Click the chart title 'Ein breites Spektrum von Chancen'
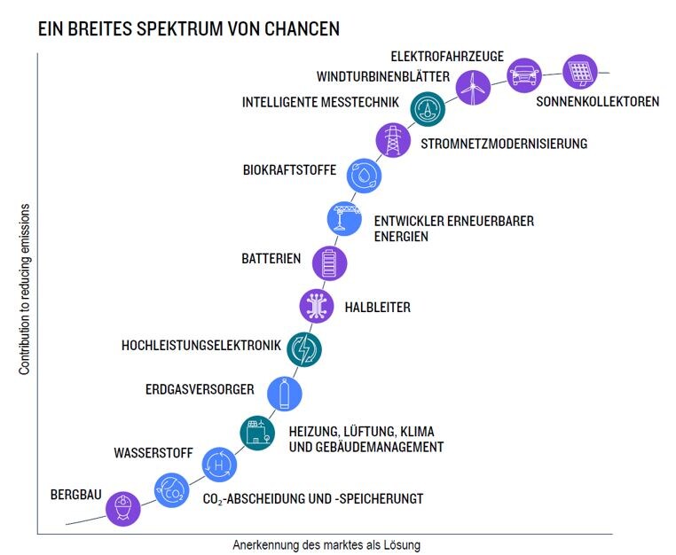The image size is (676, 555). pyautogui.click(x=188, y=28)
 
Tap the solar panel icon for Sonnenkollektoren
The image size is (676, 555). pyautogui.click(x=580, y=70)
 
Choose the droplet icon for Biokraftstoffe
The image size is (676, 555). pyautogui.click(x=365, y=175)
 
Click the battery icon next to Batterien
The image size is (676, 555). pyautogui.click(x=329, y=262)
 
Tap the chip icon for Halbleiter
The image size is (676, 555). pyautogui.click(x=317, y=305)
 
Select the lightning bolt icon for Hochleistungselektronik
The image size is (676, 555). pyautogui.click(x=303, y=348)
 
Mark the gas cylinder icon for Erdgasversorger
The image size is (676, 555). pyautogui.click(x=284, y=391)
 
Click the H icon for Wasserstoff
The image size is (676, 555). pyautogui.click(x=218, y=464)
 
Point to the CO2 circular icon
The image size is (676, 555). pyautogui.click(x=171, y=489)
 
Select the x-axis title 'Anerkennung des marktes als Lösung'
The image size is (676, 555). pyautogui.click(x=326, y=545)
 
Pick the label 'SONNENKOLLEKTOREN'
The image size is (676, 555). pyautogui.click(x=597, y=101)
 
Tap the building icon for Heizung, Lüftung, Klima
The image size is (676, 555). pyautogui.click(x=257, y=433)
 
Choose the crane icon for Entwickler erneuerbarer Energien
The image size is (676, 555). pyautogui.click(x=344, y=218)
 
